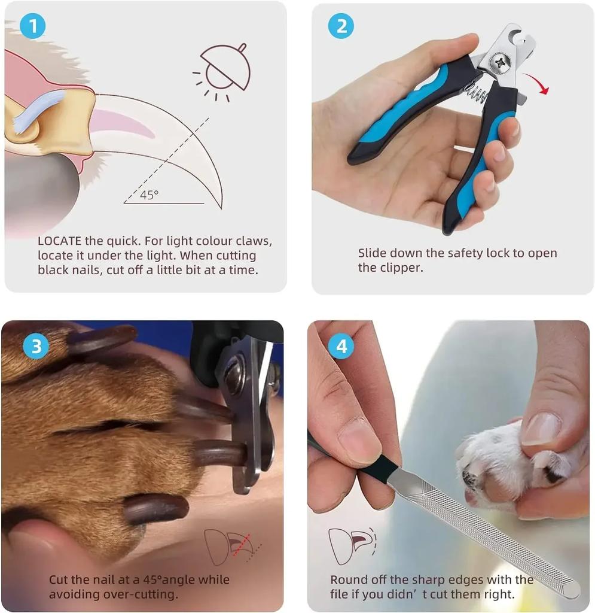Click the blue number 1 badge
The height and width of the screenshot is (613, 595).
(x=32, y=26)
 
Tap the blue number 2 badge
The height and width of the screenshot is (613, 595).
(x=341, y=26)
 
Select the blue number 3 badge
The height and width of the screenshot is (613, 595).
(x=35, y=347)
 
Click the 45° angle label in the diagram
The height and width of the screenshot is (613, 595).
(x=148, y=195)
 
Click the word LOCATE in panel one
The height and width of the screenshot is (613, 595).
(x=59, y=241)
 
